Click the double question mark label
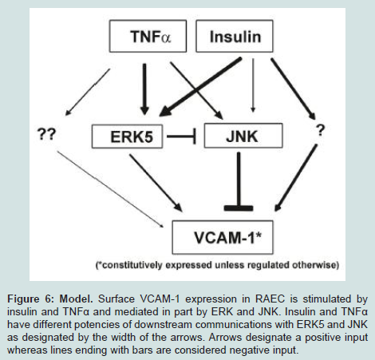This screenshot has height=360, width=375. click(47, 133)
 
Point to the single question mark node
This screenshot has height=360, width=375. click(321, 130)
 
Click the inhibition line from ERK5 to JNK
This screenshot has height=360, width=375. click(181, 136)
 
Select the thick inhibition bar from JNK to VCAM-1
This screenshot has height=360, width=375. click(239, 181)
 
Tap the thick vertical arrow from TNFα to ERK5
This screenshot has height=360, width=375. click(144, 89)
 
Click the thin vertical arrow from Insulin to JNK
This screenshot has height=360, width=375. click(253, 85)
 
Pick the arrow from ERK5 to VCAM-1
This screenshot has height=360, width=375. click(156, 183)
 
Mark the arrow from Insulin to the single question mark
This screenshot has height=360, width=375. click(293, 89)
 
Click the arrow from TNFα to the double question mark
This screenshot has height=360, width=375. click(88, 92)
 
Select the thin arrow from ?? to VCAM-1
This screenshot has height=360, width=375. click(110, 189)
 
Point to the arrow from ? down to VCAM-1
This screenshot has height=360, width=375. click(296, 178)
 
